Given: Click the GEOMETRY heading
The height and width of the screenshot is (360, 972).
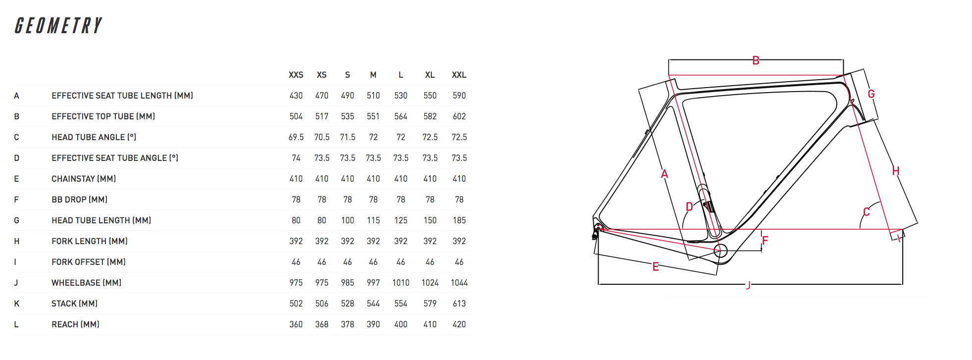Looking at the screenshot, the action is point(58,26).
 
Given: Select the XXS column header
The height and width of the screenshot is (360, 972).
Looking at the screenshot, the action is point(296,75).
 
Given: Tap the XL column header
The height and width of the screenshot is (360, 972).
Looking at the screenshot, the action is point(430,75).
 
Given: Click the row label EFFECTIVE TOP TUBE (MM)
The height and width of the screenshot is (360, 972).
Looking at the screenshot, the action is point(103,116).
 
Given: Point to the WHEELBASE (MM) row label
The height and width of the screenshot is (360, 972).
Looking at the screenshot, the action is point(86,283).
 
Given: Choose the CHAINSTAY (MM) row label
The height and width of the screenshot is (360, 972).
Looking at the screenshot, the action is point(84,179).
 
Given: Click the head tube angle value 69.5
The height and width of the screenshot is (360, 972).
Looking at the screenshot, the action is point(296,137).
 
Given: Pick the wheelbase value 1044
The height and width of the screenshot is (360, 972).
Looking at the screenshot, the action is point(459,283).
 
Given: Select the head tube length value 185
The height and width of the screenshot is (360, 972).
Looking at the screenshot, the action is point(459,220).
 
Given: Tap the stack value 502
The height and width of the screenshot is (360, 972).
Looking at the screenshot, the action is point(296,304).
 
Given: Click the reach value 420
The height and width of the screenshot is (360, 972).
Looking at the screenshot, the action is point(459,324).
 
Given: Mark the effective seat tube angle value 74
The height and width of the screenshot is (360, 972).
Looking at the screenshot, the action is point(296,158).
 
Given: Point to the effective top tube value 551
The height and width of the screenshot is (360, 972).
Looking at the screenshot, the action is point(373,116).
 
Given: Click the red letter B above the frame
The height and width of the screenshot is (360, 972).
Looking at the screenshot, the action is point(756,60).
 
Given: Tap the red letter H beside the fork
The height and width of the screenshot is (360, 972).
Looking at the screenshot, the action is point(896,171).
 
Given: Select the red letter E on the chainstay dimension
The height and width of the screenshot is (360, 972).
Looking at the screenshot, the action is point(656,267).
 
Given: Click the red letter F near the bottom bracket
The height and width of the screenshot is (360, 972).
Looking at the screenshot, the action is point(765,241).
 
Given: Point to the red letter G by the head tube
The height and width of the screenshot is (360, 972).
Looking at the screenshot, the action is point(871,94).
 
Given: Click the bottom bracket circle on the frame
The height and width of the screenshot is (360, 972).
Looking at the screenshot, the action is point(720,251).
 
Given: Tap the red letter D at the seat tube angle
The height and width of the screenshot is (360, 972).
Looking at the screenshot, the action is point(689,206).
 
